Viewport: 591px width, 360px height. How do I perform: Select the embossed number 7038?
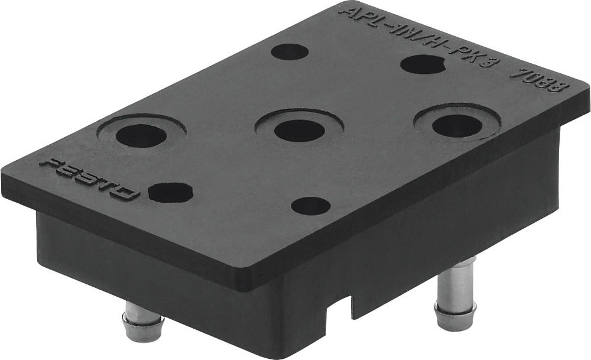click(538, 85)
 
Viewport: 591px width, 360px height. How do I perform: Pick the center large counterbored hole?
click(299, 129)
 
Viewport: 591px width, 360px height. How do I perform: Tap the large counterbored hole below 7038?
click(457, 125)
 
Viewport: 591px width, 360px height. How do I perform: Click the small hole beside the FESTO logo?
click(170, 192)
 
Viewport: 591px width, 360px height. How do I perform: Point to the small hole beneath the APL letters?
click(290, 51)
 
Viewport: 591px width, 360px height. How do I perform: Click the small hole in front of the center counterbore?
click(311, 206)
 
